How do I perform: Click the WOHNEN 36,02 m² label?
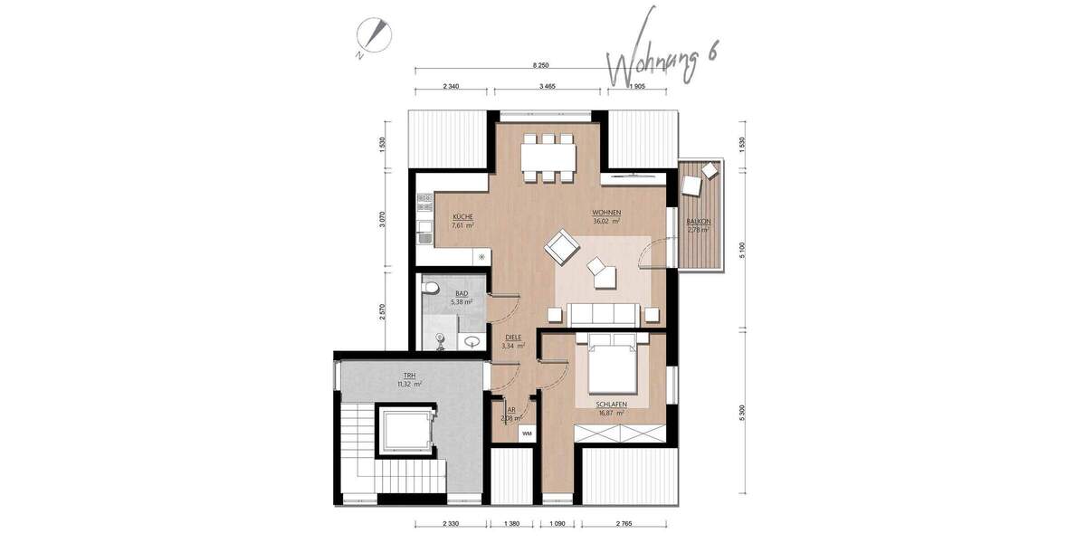coord(606,216)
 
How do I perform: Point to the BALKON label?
coord(698,225)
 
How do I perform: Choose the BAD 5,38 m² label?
coord(462,298)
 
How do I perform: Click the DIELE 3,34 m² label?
coord(514,340)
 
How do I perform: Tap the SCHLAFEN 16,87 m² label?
coord(613,407)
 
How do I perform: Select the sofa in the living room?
coord(604,314)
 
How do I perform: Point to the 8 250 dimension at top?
coord(541,66)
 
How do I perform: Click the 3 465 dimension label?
coord(546,85)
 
